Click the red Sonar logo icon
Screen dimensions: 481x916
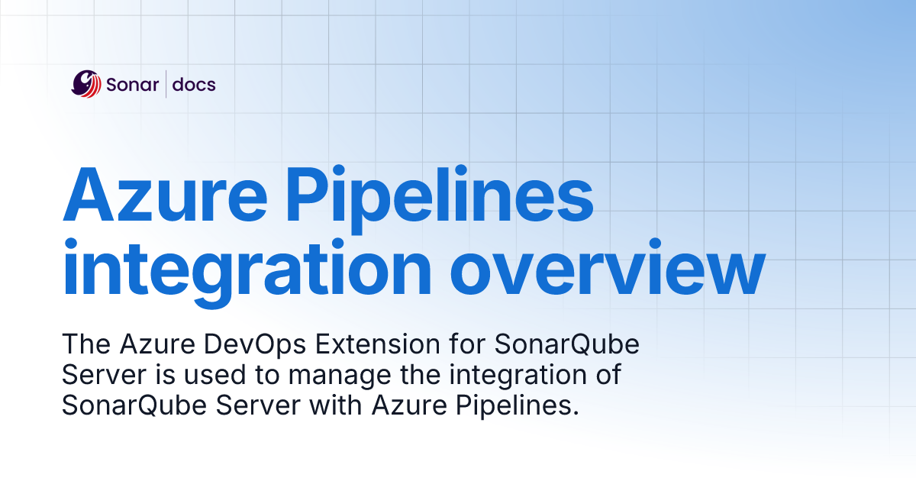click(86, 83)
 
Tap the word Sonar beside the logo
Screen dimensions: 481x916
click(132, 84)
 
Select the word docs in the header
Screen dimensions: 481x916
click(193, 84)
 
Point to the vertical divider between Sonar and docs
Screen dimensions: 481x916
click(166, 84)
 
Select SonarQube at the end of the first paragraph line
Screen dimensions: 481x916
click(566, 346)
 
